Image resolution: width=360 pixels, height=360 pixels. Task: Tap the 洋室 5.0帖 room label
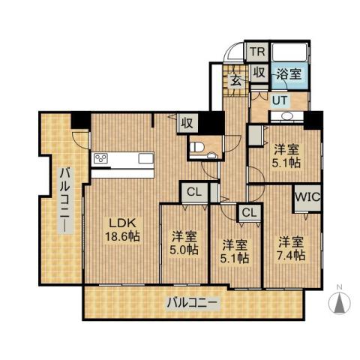pos(183,242)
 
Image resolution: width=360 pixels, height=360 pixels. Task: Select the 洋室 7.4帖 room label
pos(291,248)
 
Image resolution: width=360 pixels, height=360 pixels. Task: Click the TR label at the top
pos(257,52)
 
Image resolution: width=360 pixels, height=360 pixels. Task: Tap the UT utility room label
pos(280,100)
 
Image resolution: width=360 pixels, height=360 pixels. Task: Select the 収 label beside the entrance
pos(259,73)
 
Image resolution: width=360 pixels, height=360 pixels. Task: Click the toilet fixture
pos(200,148)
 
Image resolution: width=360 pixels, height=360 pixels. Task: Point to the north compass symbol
pos(339,302)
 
